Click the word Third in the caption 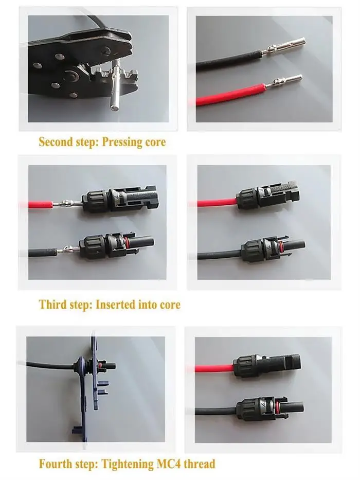(x=52, y=305)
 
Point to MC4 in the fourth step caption (x=169, y=464)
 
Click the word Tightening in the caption (x=128, y=465)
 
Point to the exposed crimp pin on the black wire (x=68, y=250)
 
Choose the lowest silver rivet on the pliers (x=74, y=95)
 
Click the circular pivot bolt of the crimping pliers (x=72, y=75)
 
